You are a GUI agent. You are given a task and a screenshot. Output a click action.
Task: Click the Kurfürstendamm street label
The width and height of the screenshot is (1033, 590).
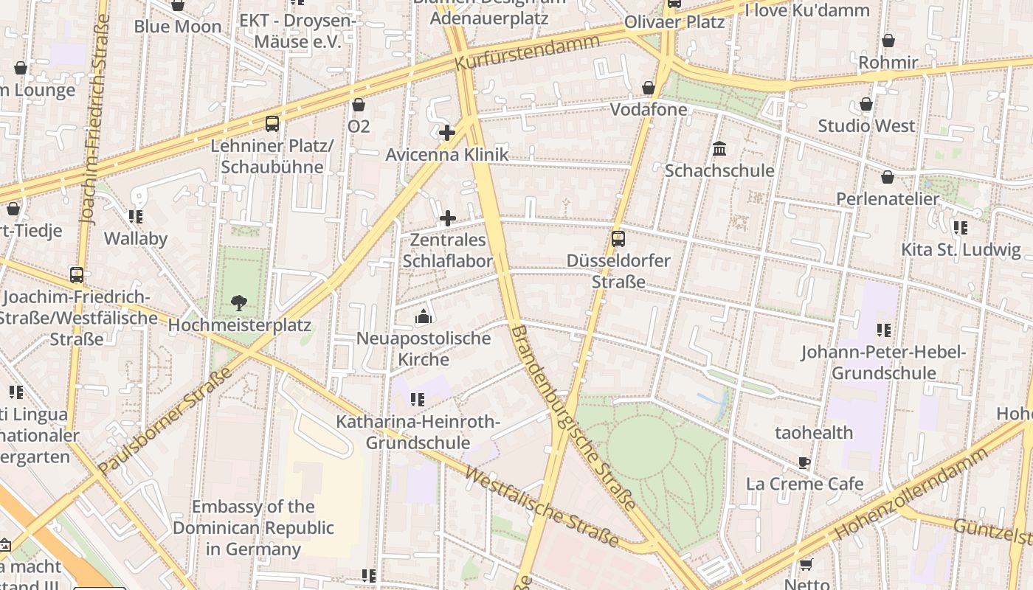[527, 52]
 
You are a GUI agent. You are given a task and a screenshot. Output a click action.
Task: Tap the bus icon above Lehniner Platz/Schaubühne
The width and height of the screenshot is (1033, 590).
[272, 123]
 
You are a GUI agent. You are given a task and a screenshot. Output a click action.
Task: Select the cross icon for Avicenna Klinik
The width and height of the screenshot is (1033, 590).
[447, 133]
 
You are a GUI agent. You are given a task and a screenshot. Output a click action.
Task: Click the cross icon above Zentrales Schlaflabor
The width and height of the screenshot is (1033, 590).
[447, 218]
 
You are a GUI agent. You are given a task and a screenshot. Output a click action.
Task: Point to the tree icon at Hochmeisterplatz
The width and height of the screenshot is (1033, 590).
[238, 302]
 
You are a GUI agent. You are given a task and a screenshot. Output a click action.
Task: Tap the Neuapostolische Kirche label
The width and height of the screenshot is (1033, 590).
[424, 349]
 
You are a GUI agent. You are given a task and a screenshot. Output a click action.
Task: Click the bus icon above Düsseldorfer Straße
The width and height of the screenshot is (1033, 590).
[618, 238]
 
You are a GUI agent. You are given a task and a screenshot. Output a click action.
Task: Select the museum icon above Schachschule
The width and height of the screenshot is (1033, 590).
[719, 149]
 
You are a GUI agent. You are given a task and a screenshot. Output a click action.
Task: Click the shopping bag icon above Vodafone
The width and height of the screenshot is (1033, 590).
[649, 88]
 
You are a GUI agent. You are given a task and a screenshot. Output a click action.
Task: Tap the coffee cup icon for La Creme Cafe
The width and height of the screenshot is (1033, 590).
[804, 462]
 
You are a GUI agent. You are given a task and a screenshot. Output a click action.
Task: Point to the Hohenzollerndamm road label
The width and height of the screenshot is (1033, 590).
[912, 493]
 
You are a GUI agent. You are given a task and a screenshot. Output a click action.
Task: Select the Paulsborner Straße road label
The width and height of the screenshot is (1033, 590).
[165, 420]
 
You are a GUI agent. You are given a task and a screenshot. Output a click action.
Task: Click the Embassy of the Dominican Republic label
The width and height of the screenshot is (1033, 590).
[254, 528]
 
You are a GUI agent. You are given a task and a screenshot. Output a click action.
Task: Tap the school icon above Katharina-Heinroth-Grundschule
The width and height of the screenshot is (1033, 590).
[418, 400]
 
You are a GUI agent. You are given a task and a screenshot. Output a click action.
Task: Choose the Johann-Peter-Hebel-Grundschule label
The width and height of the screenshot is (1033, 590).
[884, 362]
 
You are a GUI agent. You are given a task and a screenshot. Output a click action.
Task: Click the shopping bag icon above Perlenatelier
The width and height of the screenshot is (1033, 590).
[888, 177]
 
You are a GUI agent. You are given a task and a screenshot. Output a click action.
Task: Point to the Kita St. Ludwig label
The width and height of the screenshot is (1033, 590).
[961, 249]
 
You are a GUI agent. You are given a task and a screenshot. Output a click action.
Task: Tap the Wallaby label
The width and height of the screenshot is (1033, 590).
[136, 238]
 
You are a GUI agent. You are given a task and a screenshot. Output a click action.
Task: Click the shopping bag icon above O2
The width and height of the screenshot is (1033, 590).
[359, 105]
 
